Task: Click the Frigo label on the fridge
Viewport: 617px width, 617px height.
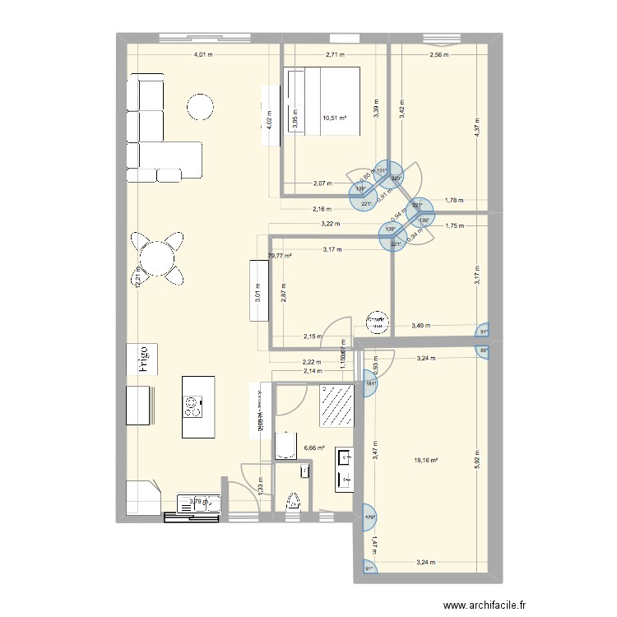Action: [x=142, y=360]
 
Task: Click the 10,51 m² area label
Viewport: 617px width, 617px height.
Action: [x=335, y=118]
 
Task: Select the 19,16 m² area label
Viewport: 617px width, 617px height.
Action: [x=425, y=460]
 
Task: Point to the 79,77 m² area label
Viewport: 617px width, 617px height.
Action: [x=281, y=256]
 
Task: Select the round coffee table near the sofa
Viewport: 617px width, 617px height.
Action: [x=201, y=108]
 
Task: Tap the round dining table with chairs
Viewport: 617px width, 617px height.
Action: [x=156, y=257]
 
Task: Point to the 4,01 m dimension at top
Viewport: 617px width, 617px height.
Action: [x=203, y=55]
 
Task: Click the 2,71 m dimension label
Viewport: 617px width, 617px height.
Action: [x=335, y=55]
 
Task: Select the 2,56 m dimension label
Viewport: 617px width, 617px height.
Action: [x=439, y=55]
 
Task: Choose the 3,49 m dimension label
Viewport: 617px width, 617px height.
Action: [x=420, y=327]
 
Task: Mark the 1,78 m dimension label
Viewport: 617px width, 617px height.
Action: [x=453, y=200]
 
